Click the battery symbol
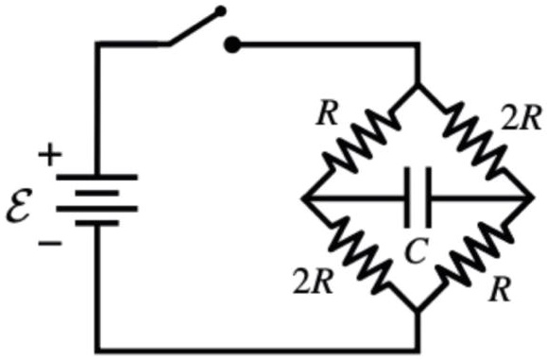point(96,199)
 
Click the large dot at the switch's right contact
point(234,43)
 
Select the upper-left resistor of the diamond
point(360,142)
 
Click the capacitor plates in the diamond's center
point(416,198)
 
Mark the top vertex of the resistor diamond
point(417,85)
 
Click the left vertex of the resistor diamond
point(305,199)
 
